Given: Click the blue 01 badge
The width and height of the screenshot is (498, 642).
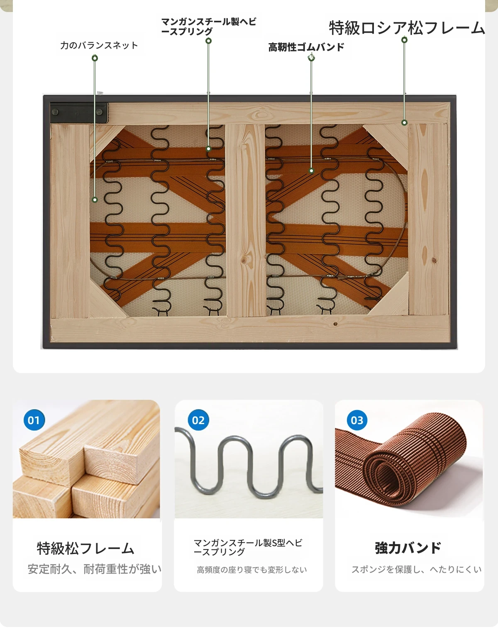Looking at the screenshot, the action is pos(34,420).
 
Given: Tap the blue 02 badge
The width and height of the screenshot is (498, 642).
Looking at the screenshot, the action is pos(198,420).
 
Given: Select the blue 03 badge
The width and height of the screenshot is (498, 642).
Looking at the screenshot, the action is pos(357,420).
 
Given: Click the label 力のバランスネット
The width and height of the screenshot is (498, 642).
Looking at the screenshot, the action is pos(99,45).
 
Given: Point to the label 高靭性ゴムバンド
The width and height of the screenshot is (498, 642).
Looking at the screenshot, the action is pos(306,47).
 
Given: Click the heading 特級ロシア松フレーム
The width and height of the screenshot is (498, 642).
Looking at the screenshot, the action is pos(407,28).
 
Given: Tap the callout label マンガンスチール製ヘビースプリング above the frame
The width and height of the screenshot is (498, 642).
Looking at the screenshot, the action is pos(208,26).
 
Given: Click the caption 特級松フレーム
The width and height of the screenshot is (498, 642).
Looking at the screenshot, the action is pos(85,548).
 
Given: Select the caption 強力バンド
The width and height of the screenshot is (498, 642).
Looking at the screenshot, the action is pos(408,548).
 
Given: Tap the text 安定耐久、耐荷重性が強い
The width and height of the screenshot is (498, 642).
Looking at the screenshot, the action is pos(95,569).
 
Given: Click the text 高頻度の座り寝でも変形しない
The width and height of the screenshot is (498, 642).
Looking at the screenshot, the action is pos(251,570).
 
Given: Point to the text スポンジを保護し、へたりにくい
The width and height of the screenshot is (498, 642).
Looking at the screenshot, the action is pos(417,569).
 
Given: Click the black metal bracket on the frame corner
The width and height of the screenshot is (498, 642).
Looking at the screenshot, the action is pos(79,112).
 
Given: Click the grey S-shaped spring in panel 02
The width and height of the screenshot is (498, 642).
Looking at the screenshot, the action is pos(249,464).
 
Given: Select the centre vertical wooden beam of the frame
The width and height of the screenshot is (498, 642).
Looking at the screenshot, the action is pos(245,220).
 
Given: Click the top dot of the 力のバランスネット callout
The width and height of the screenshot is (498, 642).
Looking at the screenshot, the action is pos(95,58).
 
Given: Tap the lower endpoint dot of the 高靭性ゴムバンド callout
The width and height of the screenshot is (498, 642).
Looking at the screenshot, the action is pos(311,171).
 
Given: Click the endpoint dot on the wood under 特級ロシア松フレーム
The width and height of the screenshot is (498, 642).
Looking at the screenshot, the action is pos(404,122).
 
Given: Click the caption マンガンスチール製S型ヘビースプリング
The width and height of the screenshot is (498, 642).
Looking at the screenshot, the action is pos(248,547).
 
